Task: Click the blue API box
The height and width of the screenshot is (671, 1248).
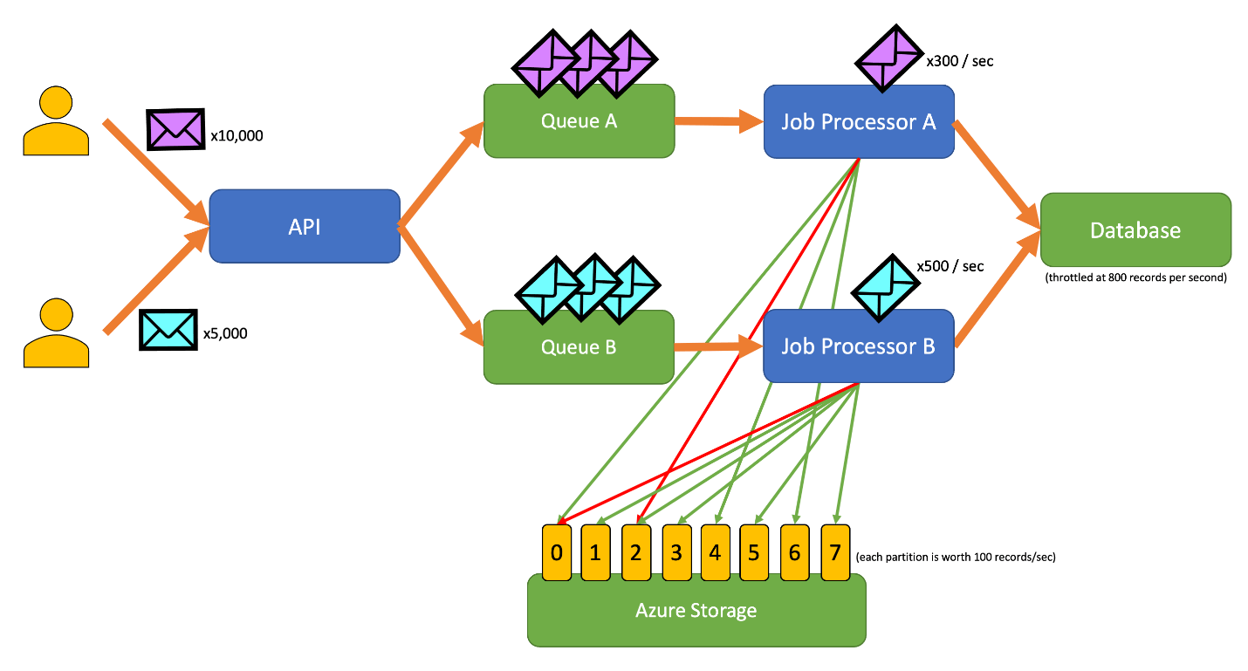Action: pyautogui.click(x=304, y=227)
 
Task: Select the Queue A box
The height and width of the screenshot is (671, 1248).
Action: pyautogui.click(x=579, y=121)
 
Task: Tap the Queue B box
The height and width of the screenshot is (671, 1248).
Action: pyautogui.click(x=579, y=346)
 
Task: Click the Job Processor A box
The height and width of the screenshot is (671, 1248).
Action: pyautogui.click(x=859, y=121)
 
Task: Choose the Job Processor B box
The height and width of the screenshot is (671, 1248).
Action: pyautogui.click(x=859, y=346)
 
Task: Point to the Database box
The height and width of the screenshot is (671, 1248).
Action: pyautogui.click(x=1135, y=230)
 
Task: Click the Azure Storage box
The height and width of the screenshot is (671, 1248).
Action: pyautogui.click(x=696, y=610)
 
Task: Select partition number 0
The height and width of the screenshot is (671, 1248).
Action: pyautogui.click(x=556, y=552)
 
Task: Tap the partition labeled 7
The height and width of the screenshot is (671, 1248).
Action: pyautogui.click(x=835, y=552)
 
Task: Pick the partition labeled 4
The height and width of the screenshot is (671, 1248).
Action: pyautogui.click(x=715, y=552)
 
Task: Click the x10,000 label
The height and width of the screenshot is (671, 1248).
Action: pyautogui.click(x=237, y=136)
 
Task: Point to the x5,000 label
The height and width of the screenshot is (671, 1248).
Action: pyautogui.click(x=225, y=333)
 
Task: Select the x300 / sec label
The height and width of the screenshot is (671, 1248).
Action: pyautogui.click(x=959, y=61)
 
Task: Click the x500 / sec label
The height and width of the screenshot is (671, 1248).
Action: pyautogui.click(x=950, y=266)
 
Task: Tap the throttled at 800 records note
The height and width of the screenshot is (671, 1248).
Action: pyautogui.click(x=1135, y=278)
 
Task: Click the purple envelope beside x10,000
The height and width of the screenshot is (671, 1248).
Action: pyautogui.click(x=175, y=129)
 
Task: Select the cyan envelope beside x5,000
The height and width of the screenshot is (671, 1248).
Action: pyautogui.click(x=168, y=330)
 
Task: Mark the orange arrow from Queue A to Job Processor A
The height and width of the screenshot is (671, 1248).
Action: pyautogui.click(x=718, y=121)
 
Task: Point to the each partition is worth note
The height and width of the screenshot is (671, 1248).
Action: pyautogui.click(x=956, y=557)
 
